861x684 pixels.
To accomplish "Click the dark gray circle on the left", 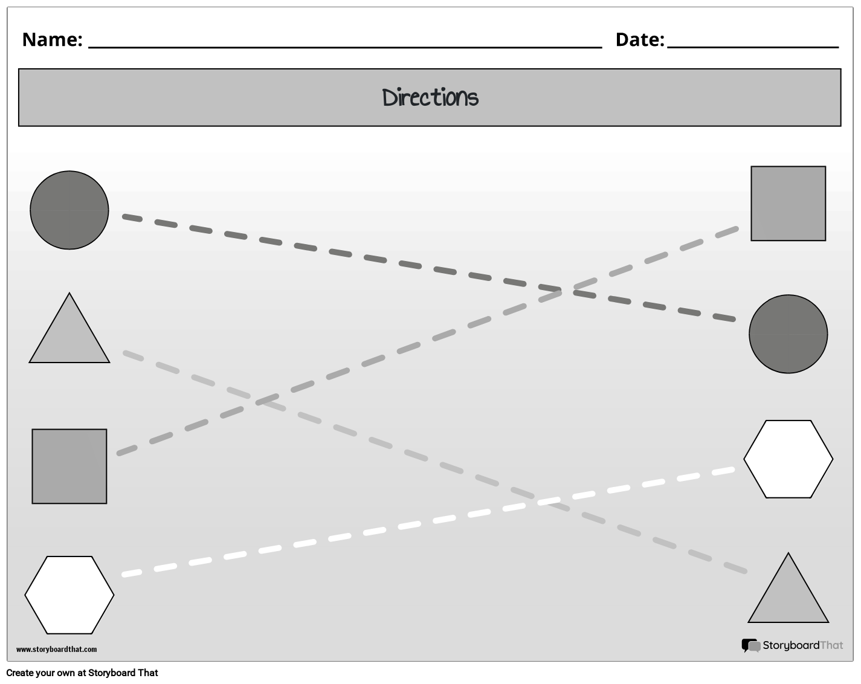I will (x=69, y=210).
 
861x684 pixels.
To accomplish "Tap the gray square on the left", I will (x=69, y=466).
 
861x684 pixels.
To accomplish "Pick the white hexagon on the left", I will (x=69, y=595).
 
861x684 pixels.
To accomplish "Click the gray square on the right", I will (x=788, y=204).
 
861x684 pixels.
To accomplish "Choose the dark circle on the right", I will (x=788, y=334).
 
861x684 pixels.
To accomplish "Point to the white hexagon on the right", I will (x=788, y=459).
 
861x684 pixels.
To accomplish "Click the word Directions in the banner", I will (x=430, y=97).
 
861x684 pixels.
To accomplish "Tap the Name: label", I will (x=52, y=39).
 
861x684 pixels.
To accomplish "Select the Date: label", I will (x=639, y=39).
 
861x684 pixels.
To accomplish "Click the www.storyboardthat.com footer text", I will (x=56, y=650).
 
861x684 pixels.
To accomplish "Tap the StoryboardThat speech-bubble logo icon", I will (x=750, y=646).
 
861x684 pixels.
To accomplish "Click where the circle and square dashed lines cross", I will (x=563, y=291).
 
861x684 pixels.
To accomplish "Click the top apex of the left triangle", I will (x=69, y=294).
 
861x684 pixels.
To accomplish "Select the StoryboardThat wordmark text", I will (x=802, y=645).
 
